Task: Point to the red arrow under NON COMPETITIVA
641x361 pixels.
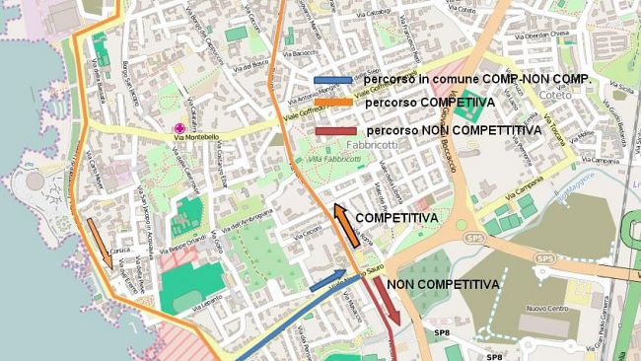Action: (x=386, y=300)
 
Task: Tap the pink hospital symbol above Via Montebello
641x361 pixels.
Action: (x=178, y=128)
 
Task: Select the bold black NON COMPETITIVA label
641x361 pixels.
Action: (x=443, y=284)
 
